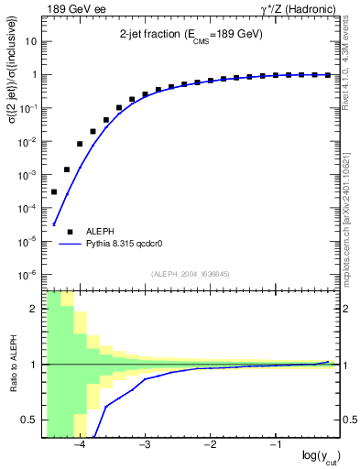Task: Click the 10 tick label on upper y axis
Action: (33, 42)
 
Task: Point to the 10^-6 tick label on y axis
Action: (29, 274)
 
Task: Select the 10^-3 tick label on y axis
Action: (29, 175)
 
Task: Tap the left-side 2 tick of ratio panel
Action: (36, 309)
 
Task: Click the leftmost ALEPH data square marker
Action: (54, 191)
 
